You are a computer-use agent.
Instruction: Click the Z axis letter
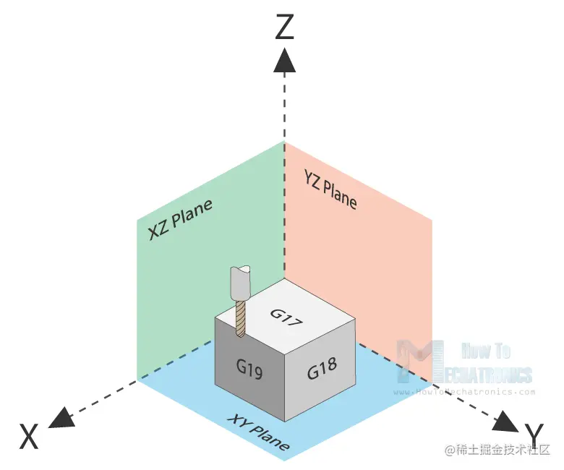tap(285, 27)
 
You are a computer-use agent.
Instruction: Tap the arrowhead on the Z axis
tap(284, 60)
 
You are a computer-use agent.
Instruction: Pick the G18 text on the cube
tap(322, 370)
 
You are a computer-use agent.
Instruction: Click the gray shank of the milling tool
tap(239, 284)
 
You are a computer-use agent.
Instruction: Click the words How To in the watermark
tap(486, 351)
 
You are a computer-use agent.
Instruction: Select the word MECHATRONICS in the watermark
tap(481, 374)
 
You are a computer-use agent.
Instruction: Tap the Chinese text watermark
tap(497, 450)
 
